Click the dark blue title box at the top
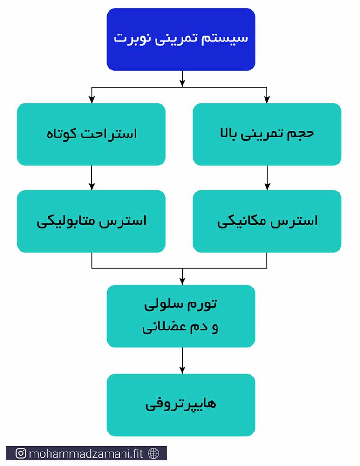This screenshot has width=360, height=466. (x=181, y=40)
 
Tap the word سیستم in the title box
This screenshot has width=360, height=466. (x=224, y=38)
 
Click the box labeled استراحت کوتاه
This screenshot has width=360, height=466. (x=91, y=134)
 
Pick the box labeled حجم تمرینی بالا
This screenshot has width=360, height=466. (x=267, y=134)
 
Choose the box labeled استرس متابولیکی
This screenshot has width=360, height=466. (x=91, y=221)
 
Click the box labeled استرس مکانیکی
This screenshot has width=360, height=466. (x=267, y=221)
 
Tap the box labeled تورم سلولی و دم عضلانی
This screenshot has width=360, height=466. (x=181, y=316)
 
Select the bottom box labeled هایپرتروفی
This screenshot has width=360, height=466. (x=181, y=405)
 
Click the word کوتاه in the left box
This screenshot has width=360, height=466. (x=61, y=134)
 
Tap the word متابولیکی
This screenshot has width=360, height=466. (x=66, y=222)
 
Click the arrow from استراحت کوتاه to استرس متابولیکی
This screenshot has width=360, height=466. (x=91, y=178)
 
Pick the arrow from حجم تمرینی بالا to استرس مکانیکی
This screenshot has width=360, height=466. (x=267, y=178)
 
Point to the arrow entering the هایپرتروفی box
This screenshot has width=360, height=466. (x=183, y=360)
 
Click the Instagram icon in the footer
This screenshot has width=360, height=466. (x=20, y=453)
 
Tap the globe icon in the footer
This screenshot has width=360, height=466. (x=154, y=453)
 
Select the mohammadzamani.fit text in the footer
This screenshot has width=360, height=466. (x=86, y=453)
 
